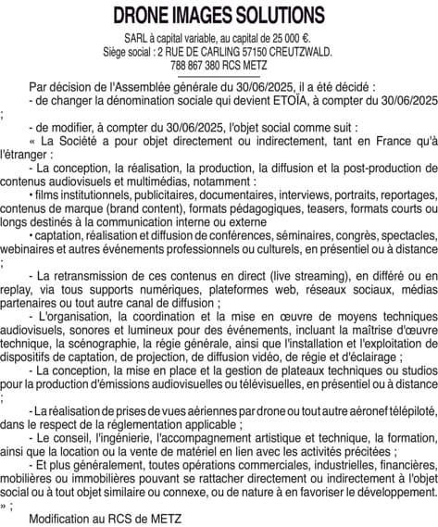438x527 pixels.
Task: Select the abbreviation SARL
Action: point(138,38)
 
